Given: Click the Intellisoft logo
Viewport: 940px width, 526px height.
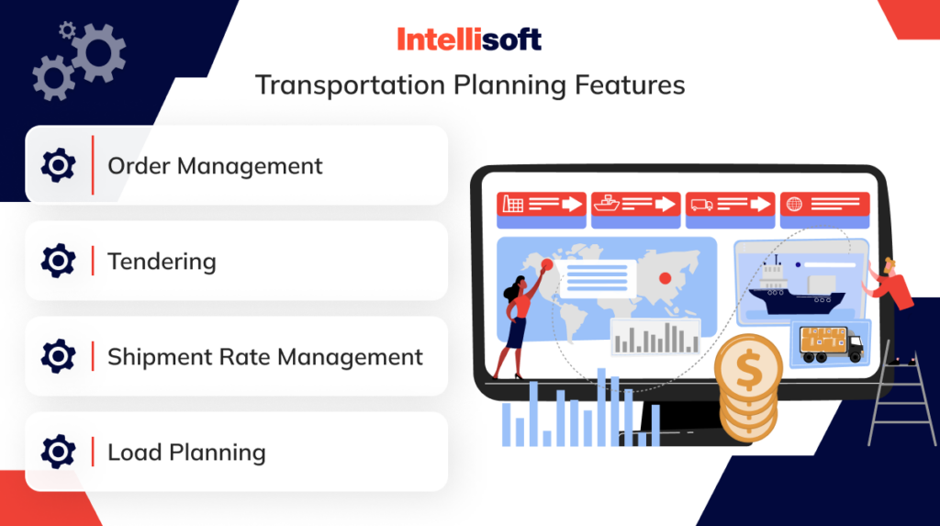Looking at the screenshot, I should click(469, 39).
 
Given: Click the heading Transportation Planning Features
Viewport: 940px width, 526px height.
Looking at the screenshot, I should click(470, 85).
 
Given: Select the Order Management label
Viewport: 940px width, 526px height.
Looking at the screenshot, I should click(215, 166).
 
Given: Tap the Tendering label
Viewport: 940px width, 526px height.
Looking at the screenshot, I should click(162, 262).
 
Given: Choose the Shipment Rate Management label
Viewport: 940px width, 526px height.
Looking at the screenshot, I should click(265, 357).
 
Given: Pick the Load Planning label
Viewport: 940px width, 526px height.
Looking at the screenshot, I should click(186, 453).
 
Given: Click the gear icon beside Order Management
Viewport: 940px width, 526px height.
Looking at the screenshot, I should click(59, 166).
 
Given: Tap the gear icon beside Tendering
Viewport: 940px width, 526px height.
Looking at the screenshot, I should click(59, 262).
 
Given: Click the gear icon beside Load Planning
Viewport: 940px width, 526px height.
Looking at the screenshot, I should click(59, 453).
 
